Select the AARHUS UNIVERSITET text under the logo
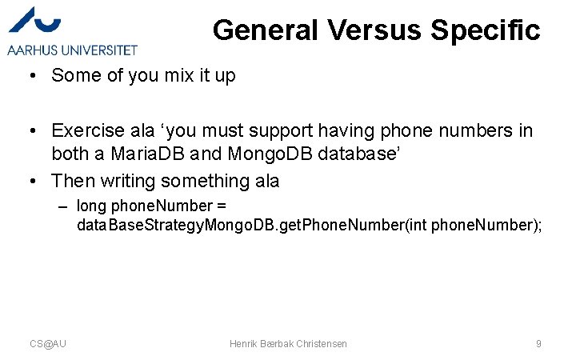click(x=72, y=50)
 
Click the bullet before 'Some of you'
click(x=28, y=75)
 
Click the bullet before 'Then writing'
click(x=28, y=182)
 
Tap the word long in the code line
click(x=91, y=206)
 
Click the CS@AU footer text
click(x=48, y=343)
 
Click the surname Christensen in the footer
click(x=322, y=343)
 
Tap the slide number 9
click(x=538, y=343)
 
